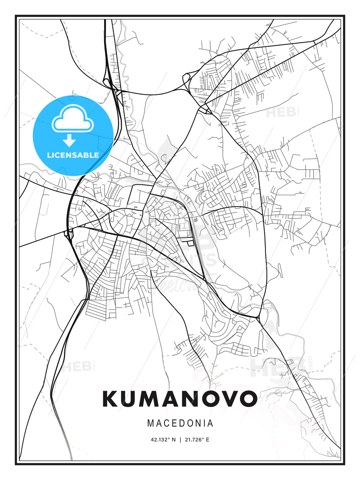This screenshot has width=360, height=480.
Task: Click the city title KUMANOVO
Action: (180, 398)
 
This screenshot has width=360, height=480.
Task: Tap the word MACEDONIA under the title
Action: (180, 423)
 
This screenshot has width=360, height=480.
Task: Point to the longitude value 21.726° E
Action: (197, 440)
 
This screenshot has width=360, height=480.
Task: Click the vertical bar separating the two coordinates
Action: (180, 440)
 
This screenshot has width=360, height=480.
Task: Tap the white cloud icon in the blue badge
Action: (73, 119)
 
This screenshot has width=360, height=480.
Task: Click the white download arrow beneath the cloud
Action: (69, 141)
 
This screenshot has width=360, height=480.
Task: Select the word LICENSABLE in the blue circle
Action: (73, 155)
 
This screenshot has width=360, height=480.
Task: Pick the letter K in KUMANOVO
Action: (110, 398)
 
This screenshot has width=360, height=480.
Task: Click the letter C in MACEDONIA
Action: (166, 423)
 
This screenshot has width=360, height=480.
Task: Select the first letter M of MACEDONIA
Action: (150, 423)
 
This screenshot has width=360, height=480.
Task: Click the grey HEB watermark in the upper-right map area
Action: (281, 112)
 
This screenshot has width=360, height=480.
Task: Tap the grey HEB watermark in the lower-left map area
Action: (76, 366)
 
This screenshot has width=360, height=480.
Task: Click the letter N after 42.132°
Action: (173, 440)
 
